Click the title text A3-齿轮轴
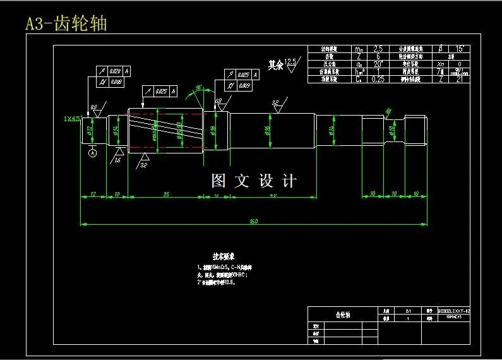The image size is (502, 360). pyautogui.click(x=66, y=23)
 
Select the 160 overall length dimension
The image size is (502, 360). pyautogui.click(x=253, y=221)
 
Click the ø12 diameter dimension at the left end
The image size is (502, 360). pyautogui.click(x=90, y=131)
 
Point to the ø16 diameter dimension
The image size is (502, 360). pyautogui.click(x=267, y=131)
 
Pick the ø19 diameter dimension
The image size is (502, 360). pyautogui.click(x=213, y=131)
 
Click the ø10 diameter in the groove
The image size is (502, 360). pyautogui.click(x=391, y=131)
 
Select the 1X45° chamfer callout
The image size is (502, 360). pyautogui.click(x=72, y=118)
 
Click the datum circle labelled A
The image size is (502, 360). pyautogui.click(x=93, y=153)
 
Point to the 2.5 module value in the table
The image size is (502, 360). pyautogui.click(x=378, y=49)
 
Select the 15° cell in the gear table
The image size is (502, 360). pyautogui.click(x=459, y=49)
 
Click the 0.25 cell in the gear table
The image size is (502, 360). pyautogui.click(x=378, y=79)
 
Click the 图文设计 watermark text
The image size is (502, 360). pyautogui.click(x=253, y=181)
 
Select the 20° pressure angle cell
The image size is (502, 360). pyautogui.click(x=378, y=64)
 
